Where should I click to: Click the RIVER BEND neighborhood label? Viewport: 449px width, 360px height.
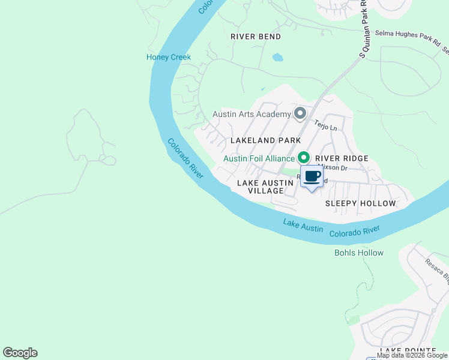click(256, 37)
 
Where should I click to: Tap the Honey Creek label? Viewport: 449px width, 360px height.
click(169, 57)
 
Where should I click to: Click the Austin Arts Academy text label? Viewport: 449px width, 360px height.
click(252, 114)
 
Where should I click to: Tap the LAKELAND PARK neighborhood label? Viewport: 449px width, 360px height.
click(266, 140)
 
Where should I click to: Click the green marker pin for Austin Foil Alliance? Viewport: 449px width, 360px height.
click(304, 158)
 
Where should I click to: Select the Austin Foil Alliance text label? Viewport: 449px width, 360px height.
click(259, 158)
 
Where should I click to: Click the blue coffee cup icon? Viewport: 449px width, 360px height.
click(312, 177)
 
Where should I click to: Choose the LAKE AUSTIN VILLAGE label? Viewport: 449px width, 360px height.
click(260, 187)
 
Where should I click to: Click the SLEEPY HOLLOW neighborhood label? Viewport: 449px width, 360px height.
click(360, 203)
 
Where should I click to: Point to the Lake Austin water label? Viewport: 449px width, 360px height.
click(303, 226)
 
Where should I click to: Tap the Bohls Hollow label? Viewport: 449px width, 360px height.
click(358, 253)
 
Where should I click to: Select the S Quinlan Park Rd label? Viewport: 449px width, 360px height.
click(364, 29)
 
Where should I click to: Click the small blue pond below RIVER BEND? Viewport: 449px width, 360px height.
click(277, 58)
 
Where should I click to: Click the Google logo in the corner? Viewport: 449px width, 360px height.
click(20, 353)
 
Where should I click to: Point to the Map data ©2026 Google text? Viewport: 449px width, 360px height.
click(412, 355)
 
